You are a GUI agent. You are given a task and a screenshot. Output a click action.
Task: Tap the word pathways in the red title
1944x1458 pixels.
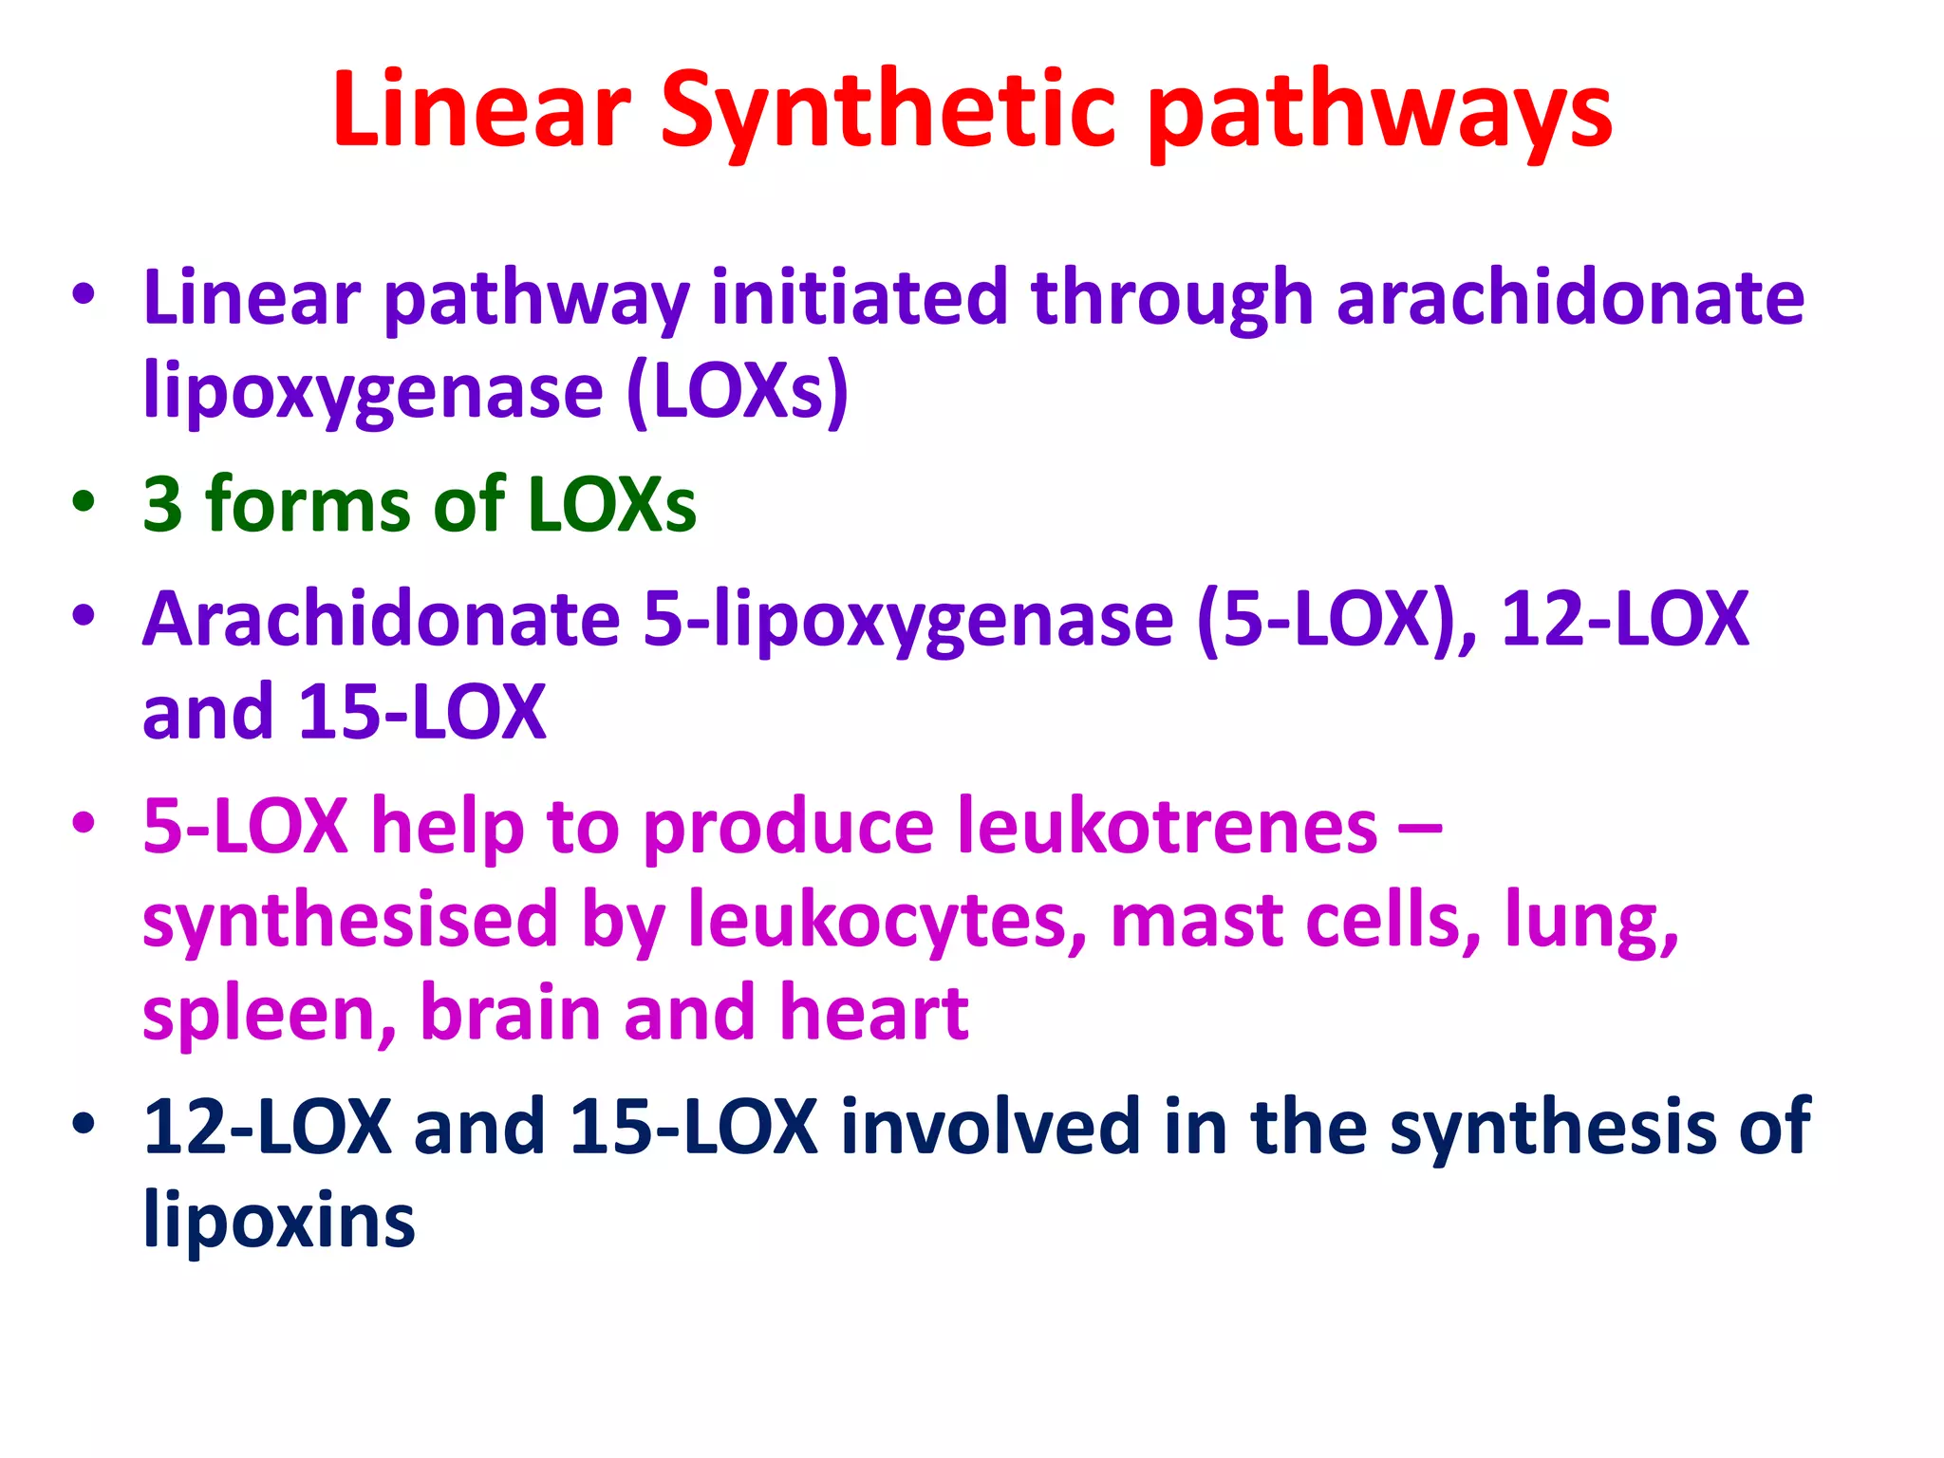coord(1380,112)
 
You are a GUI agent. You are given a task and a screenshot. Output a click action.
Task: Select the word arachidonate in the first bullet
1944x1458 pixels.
coord(1570,297)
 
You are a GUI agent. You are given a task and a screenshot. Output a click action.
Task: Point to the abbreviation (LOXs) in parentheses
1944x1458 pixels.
coord(738,390)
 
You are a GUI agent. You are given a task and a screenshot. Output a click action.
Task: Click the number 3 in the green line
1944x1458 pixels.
coord(162,503)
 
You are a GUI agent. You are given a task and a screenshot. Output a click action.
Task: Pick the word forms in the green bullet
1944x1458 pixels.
coord(308,503)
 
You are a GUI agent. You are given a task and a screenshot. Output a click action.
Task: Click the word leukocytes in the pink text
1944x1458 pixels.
coord(888,919)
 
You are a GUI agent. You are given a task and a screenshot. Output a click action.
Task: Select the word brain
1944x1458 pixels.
coord(510,1012)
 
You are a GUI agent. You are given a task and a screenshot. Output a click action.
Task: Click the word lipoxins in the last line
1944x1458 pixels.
coord(279,1219)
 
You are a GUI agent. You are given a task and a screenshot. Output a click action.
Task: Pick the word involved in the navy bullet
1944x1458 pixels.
coord(990,1126)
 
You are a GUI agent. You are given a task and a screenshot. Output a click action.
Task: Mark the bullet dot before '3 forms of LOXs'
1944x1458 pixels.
coord(84,501)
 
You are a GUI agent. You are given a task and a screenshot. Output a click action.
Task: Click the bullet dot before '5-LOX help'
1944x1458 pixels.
coord(84,822)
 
